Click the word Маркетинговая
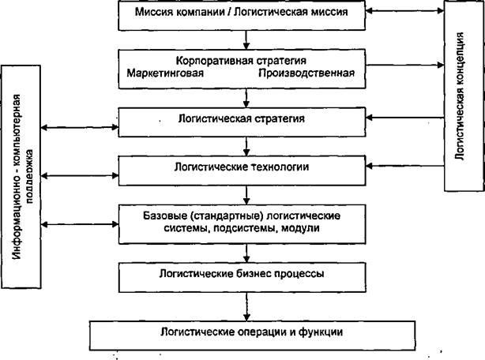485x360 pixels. point(165,73)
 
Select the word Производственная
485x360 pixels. point(306,73)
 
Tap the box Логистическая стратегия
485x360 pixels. point(242,122)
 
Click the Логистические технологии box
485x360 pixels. point(242,171)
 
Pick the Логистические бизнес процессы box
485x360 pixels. point(242,277)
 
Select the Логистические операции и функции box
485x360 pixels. point(252,336)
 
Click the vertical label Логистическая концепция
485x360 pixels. point(460,96)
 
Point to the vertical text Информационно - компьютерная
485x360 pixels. point(17,176)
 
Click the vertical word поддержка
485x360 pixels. point(29,176)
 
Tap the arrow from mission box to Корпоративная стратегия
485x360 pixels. point(246,39)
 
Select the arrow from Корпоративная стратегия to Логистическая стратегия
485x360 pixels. point(246,98)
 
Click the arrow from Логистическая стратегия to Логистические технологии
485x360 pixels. point(246,147)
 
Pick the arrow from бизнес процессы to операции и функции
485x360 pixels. point(246,307)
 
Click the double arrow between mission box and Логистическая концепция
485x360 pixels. point(405,11)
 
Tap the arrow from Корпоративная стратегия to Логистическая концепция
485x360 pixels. point(405,65)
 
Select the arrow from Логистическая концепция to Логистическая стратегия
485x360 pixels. point(405,118)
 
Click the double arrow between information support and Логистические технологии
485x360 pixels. point(80,176)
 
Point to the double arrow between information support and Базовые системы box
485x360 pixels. point(80,224)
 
